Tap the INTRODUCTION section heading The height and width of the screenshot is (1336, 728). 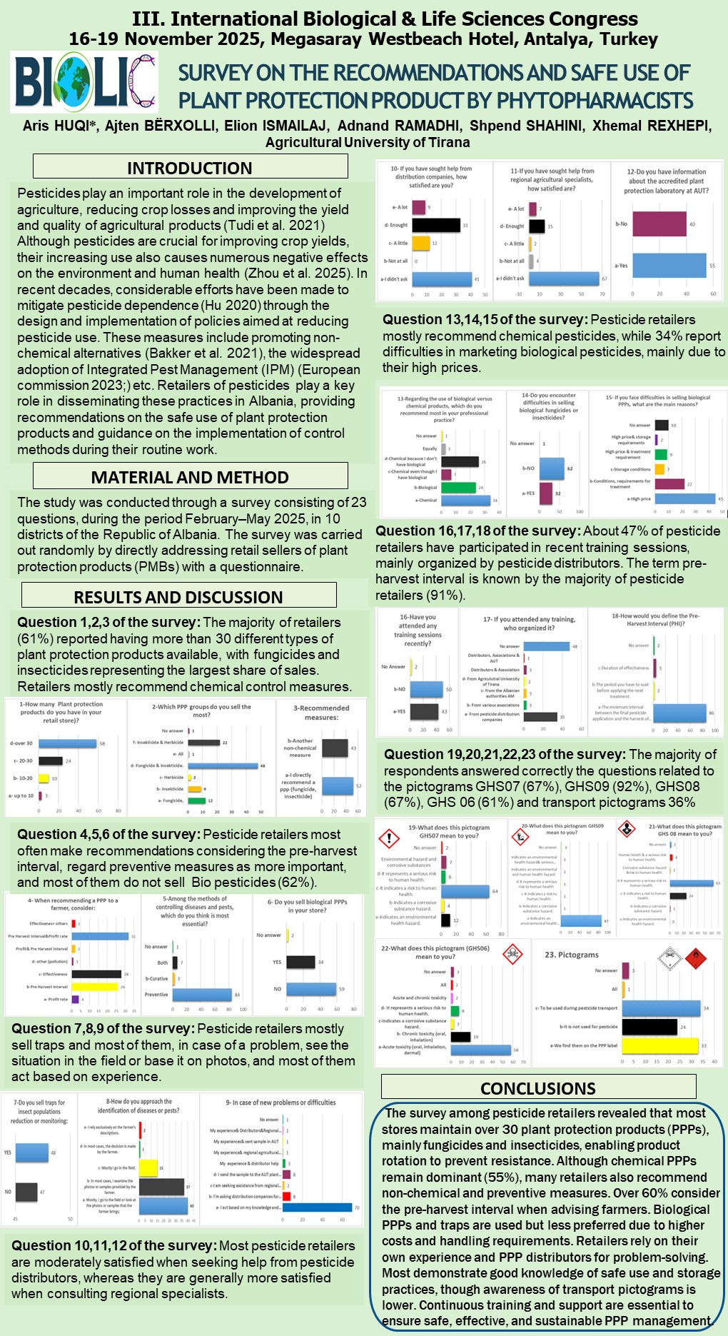pyautogui.click(x=190, y=168)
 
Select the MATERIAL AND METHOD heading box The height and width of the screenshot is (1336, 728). pyautogui.click(x=190, y=477)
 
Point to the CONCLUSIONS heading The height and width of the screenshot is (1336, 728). pyautogui.click(x=538, y=1088)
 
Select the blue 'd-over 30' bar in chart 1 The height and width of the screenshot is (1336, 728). pyautogui.click(x=67, y=743)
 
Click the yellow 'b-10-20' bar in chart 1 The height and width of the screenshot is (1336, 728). pyautogui.click(x=44, y=778)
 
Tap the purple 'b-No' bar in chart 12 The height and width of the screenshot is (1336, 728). pyautogui.click(x=659, y=224)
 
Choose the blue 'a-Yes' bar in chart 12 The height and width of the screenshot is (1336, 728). pyautogui.click(x=669, y=266)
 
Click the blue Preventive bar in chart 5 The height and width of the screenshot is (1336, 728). pyautogui.click(x=202, y=995)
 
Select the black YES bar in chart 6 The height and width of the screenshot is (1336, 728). pyautogui.click(x=300, y=962)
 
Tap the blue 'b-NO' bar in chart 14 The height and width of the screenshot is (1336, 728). pyautogui.click(x=551, y=468)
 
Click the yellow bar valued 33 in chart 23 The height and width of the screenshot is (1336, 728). pyautogui.click(x=659, y=1045)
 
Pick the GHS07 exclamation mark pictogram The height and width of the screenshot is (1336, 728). pyautogui.click(x=388, y=838)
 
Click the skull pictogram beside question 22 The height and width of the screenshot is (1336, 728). pyautogui.click(x=512, y=953)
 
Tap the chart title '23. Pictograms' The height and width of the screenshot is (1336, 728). pyautogui.click(x=572, y=955)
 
